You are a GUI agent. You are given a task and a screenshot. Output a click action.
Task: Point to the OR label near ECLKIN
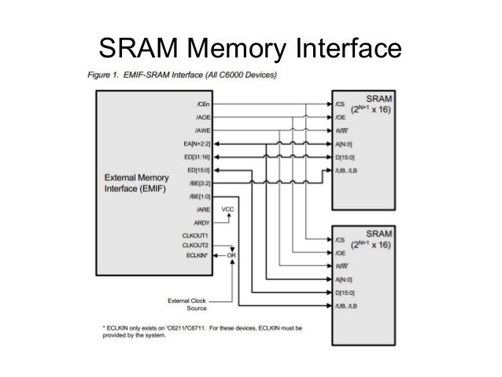point(233,257)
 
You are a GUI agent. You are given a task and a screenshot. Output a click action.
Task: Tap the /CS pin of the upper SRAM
point(341,103)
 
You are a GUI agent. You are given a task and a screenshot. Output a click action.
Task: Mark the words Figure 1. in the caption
point(103,75)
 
